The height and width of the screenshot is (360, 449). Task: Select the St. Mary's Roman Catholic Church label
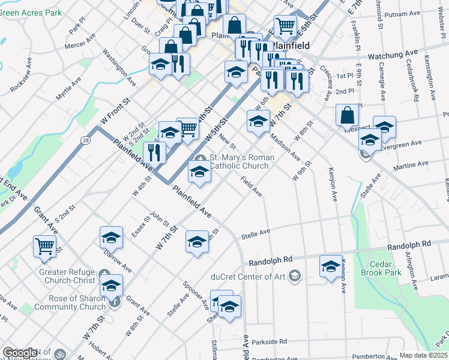point(240,161)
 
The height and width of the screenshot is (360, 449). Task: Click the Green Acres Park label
point(31,12)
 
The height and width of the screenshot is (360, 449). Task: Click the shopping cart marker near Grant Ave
point(44,246)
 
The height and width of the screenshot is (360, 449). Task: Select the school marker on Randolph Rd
point(330,266)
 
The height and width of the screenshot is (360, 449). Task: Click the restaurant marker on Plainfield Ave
point(154,153)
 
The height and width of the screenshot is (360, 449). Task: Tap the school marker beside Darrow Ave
point(110,238)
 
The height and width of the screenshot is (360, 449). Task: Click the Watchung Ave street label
point(393,55)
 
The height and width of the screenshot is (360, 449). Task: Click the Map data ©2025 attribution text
point(424,356)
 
